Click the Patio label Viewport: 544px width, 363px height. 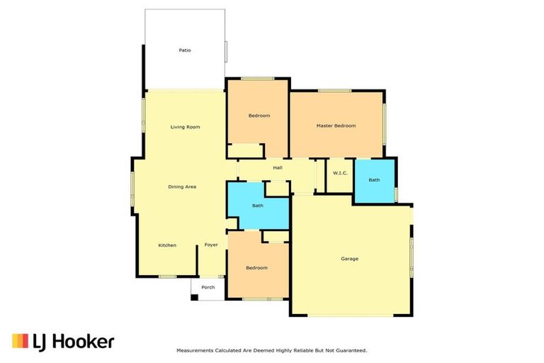pos(185,50)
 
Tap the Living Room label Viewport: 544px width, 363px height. pos(185,127)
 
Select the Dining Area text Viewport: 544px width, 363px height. pos(182,186)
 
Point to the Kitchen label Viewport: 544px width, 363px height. pos(167,245)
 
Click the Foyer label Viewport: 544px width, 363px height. pos(211,245)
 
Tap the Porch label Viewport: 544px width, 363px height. pos(208,287)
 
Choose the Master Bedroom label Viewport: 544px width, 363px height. pos(336,125)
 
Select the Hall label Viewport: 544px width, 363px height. pos(278,168)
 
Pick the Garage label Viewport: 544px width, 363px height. pos(350,259)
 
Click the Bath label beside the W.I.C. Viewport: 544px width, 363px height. pos(374,180)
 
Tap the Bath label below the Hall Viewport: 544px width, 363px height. pos(258,206)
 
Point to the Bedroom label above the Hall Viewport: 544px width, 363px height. pos(259,116)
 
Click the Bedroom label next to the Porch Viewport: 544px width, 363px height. pos(256,268)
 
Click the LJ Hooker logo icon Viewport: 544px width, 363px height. pos(20,341)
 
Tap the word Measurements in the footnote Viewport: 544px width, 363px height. pos(195,350)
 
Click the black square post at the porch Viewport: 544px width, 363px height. pos(194,296)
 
